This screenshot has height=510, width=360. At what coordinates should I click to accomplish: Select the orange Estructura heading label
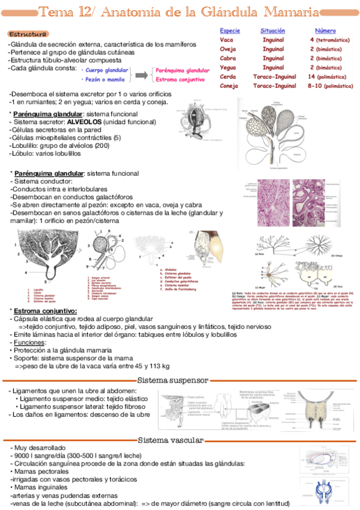tap(28, 34)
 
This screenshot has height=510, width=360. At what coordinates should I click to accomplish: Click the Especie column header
tap(230, 30)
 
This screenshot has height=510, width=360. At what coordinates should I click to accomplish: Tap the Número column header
tap(325, 30)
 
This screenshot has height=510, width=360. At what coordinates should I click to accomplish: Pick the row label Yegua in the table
tap(228, 68)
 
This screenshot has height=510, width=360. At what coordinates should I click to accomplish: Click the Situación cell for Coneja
tap(273, 86)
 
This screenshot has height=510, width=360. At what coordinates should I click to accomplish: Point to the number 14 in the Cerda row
tap(311, 77)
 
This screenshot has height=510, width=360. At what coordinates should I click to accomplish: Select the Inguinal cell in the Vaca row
tap(273, 40)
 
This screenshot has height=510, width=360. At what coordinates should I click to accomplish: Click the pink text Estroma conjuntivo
tap(178, 79)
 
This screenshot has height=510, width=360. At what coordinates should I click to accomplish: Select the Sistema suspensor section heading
tap(172, 380)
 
